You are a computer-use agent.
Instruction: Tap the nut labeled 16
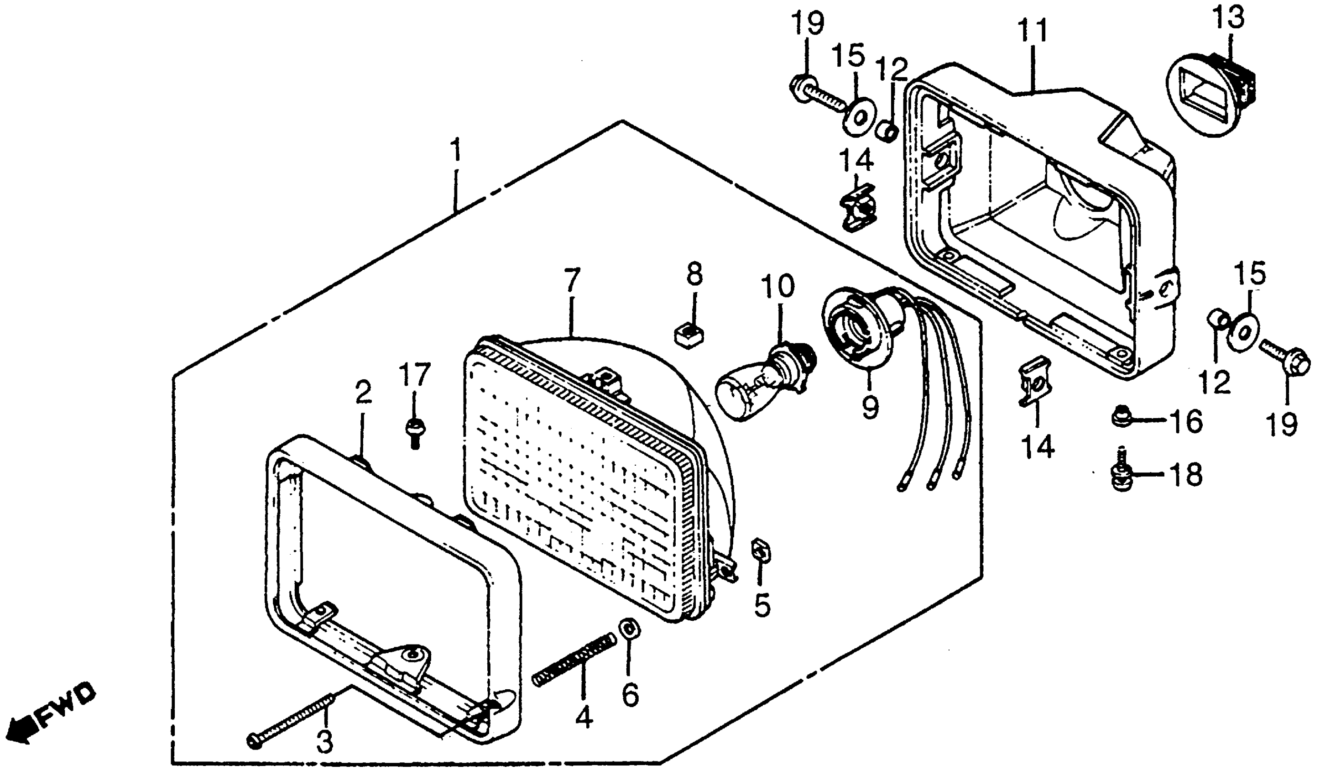(x=1121, y=417)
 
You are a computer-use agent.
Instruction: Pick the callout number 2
(x=363, y=393)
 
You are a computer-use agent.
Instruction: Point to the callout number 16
(x=1187, y=422)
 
